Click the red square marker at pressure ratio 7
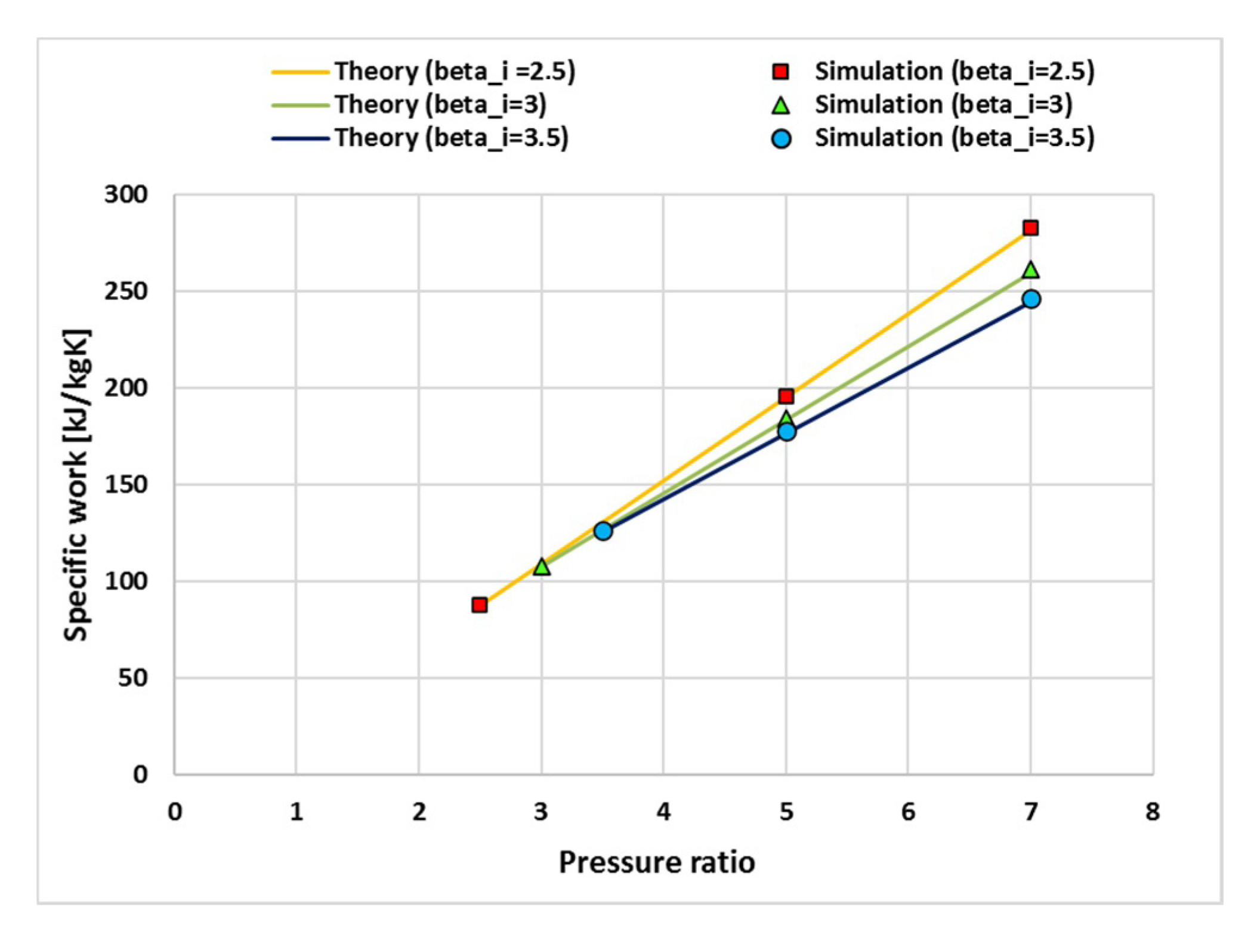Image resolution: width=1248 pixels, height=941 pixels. pyautogui.click(x=1030, y=228)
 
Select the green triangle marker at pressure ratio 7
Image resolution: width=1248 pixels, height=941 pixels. pyautogui.click(x=1030, y=270)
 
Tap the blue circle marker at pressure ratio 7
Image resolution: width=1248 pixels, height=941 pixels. pyautogui.click(x=1031, y=299)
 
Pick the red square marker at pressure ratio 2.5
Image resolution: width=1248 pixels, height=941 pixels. pyautogui.click(x=479, y=605)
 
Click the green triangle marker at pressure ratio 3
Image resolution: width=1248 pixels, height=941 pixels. pyautogui.click(x=542, y=567)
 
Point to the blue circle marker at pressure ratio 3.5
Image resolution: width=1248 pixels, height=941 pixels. pyautogui.click(x=603, y=530)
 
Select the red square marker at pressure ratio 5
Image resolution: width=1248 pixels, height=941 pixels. pyautogui.click(x=786, y=396)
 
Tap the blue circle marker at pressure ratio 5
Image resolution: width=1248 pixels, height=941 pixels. pyautogui.click(x=787, y=431)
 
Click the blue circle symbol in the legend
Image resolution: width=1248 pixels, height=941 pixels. pyautogui.click(x=781, y=138)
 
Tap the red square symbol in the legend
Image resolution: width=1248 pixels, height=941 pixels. pyautogui.click(x=780, y=72)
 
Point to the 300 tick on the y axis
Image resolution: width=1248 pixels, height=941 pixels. pyautogui.click(x=126, y=194)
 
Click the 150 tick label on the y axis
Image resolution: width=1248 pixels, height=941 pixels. pyautogui.click(x=126, y=484)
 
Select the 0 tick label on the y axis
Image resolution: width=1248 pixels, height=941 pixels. pyautogui.click(x=140, y=774)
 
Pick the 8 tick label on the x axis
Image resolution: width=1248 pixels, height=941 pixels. pyautogui.click(x=1153, y=812)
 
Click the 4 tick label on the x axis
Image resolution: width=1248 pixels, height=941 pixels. pyautogui.click(x=663, y=812)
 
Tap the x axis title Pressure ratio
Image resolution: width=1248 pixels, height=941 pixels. pyautogui.click(x=656, y=862)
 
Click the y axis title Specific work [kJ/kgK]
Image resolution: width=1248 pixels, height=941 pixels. pyautogui.click(x=77, y=484)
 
